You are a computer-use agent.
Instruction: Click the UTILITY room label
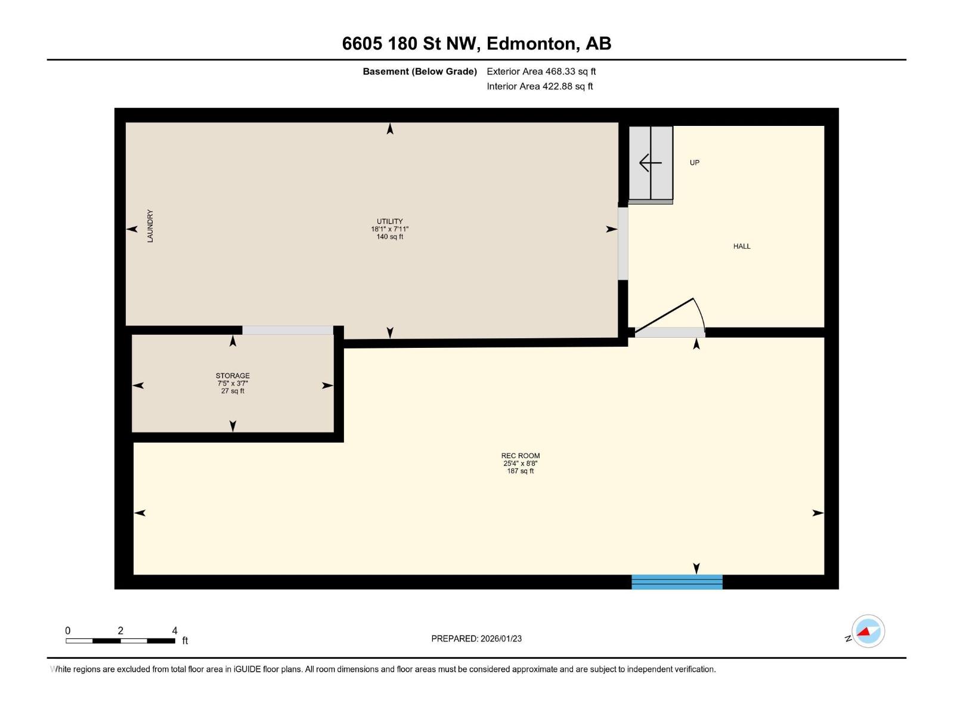pyautogui.click(x=389, y=221)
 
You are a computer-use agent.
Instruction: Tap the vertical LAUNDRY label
pyautogui.click(x=150, y=226)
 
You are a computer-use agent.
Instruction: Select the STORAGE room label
pyautogui.click(x=233, y=376)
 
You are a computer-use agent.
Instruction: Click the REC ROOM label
pyautogui.click(x=521, y=455)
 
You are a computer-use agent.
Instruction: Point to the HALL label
pyautogui.click(x=742, y=246)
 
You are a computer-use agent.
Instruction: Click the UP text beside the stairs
pyautogui.click(x=695, y=163)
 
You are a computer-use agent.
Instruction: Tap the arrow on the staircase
pyautogui.click(x=650, y=162)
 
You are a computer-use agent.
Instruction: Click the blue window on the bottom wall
pyautogui.click(x=677, y=582)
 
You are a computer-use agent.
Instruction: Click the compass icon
pyautogui.click(x=868, y=631)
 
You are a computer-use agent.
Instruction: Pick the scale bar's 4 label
pyautogui.click(x=175, y=631)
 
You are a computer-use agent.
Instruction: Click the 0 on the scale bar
pyautogui.click(x=68, y=631)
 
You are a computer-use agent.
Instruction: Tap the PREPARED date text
pyautogui.click(x=476, y=638)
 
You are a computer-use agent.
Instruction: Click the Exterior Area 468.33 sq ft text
pyautogui.click(x=541, y=72)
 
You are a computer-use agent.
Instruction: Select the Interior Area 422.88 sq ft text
pyautogui.click(x=540, y=87)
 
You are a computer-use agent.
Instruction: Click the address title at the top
pyautogui.click(x=476, y=44)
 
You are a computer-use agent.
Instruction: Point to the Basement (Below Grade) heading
pyautogui.click(x=420, y=72)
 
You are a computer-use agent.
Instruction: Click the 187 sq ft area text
pyautogui.click(x=521, y=471)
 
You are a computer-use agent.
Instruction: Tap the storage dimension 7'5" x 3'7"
pyautogui.click(x=233, y=384)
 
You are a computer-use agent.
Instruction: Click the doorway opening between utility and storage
pyautogui.click(x=287, y=331)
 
